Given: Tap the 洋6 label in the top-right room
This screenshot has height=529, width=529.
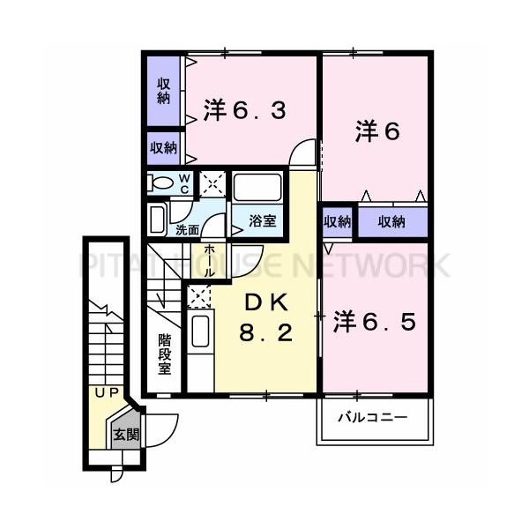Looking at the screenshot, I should pos(378,131).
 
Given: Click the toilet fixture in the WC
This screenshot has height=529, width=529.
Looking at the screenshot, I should pos(162,183).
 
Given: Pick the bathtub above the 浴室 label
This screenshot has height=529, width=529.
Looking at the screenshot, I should pos(257,188).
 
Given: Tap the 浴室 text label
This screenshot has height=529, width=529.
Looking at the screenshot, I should pos(262,221).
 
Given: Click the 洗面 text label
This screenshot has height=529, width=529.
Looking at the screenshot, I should pos(186,229).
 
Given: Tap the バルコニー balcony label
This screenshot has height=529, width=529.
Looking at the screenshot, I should pos(375,416).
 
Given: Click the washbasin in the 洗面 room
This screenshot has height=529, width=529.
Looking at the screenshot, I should pos(157,218).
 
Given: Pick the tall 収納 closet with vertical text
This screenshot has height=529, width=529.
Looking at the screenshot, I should pos(164,92).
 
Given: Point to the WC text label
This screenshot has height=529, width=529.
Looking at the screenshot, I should pos(185,183).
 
